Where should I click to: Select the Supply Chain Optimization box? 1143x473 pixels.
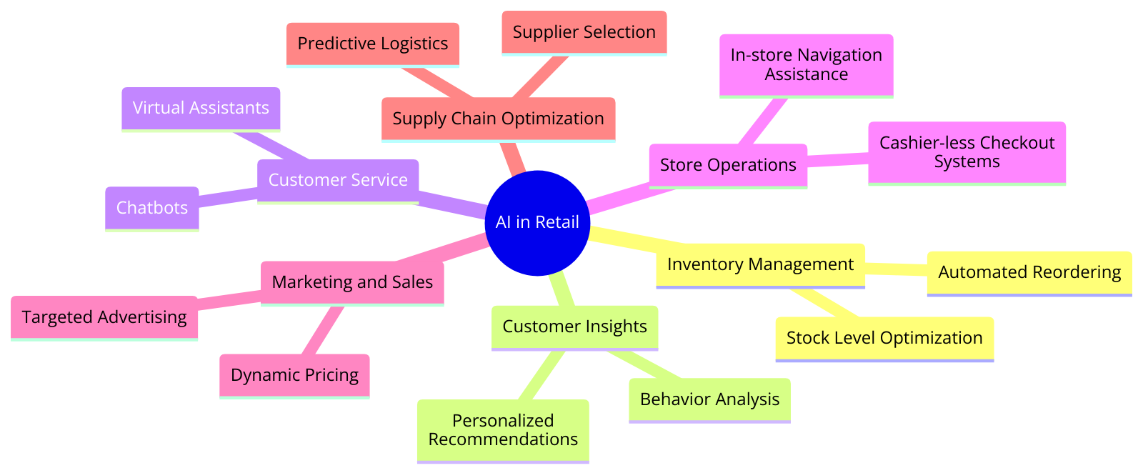click(x=498, y=119)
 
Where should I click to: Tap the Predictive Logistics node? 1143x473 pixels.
click(x=372, y=44)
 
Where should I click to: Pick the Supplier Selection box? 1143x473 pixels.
click(x=584, y=32)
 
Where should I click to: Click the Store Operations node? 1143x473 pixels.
click(x=727, y=165)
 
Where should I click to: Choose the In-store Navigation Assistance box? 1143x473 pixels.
click(x=806, y=65)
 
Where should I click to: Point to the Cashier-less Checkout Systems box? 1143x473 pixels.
click(x=966, y=152)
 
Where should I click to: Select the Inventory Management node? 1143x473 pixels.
click(x=760, y=265)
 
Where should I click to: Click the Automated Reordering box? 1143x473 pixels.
click(x=1029, y=272)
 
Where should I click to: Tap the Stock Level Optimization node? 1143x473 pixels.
click(x=884, y=338)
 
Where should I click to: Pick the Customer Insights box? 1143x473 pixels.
click(x=574, y=327)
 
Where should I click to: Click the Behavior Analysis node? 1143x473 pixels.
click(x=709, y=399)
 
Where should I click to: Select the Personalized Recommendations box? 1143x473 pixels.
click(x=503, y=430)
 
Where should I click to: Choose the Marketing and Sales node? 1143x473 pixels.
click(x=352, y=282)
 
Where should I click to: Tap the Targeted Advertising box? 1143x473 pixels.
click(x=104, y=317)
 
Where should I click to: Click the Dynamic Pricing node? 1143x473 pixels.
click(x=294, y=375)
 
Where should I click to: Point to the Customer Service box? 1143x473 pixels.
click(x=337, y=180)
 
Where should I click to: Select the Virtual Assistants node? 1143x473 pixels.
click(x=201, y=108)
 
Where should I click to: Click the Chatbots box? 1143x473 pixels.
click(x=151, y=208)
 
